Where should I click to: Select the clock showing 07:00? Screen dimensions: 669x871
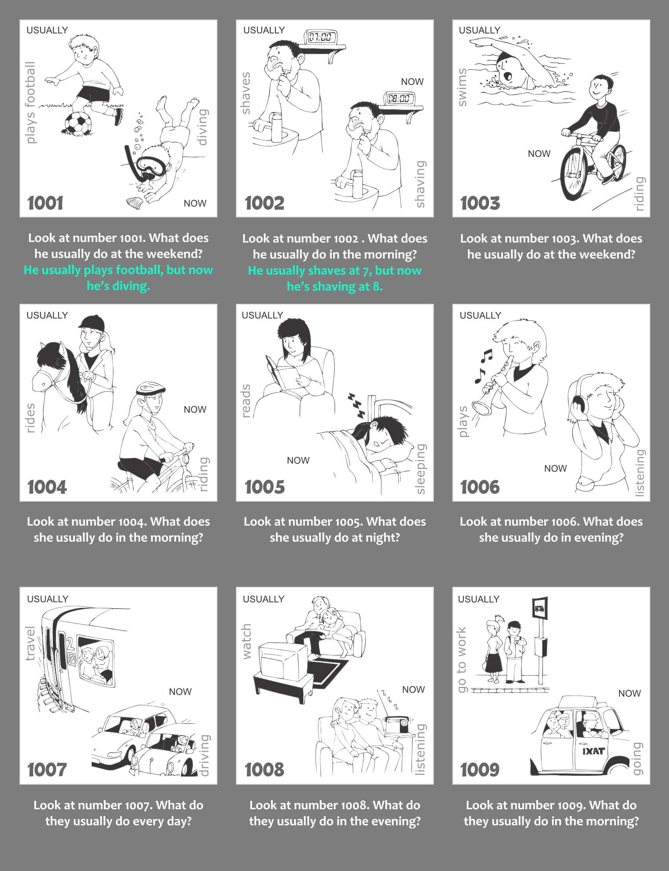(x=320, y=37)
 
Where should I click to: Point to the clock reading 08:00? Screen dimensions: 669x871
(x=398, y=98)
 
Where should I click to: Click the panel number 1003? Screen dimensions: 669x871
(x=480, y=203)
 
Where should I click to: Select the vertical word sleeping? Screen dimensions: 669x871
(x=421, y=469)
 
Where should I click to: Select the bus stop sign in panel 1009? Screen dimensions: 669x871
(x=540, y=608)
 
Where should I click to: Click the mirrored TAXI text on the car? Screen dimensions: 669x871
(x=593, y=751)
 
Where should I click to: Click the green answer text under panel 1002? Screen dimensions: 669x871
(x=334, y=278)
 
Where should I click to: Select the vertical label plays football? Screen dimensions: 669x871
(x=30, y=102)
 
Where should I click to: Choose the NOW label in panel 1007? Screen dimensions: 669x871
(x=180, y=692)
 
